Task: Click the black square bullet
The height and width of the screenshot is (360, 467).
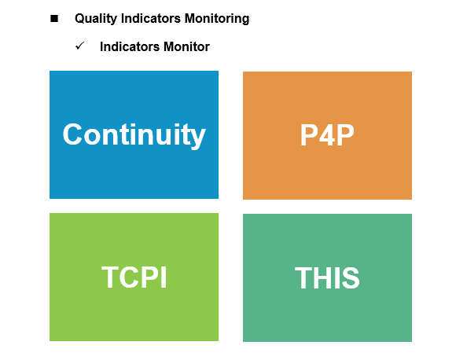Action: click(54, 19)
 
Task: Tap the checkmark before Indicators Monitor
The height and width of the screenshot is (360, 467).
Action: click(80, 46)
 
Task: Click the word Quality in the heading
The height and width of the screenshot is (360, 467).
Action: click(96, 19)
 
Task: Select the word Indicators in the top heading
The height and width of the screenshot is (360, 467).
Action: click(151, 18)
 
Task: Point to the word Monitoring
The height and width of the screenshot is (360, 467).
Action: click(217, 19)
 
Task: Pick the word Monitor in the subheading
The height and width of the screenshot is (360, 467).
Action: click(186, 46)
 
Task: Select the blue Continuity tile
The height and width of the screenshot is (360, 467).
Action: click(134, 134)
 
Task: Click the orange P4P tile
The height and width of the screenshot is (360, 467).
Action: click(327, 135)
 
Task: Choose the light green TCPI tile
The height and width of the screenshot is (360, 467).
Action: click(134, 277)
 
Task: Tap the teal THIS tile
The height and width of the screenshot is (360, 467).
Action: click(327, 277)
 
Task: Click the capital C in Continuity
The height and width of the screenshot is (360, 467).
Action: click(72, 134)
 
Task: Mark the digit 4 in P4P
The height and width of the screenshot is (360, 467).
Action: click(327, 135)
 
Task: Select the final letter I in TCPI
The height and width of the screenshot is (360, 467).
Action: click(164, 277)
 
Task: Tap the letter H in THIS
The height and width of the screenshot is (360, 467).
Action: click(322, 277)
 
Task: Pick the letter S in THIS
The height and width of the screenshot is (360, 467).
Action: click(351, 277)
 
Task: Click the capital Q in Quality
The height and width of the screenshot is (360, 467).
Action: click(79, 19)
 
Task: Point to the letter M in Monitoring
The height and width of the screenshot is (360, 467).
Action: click(190, 18)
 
